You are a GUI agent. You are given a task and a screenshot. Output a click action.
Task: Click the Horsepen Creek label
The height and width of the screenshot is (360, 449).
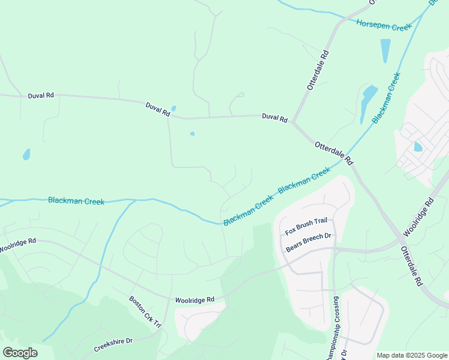(x=384, y=25)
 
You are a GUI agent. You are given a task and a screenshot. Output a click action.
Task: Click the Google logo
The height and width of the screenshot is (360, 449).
(x=20, y=353)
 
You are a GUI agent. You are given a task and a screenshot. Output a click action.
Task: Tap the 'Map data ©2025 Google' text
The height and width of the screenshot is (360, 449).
(x=411, y=355)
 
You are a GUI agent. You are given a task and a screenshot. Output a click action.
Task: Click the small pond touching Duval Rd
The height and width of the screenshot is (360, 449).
(x=173, y=109)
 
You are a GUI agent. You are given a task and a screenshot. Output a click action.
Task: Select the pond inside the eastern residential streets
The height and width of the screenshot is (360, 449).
(x=418, y=146)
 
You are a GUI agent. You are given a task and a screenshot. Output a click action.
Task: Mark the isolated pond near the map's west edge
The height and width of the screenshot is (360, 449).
(x=26, y=154)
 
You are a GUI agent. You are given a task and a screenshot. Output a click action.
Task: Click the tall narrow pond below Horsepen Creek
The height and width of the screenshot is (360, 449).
(x=385, y=50)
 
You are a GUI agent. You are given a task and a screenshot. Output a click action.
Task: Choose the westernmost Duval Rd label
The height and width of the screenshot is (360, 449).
(x=41, y=95)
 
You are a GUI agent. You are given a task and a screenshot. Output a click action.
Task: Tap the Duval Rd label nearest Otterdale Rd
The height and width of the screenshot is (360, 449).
(x=274, y=118)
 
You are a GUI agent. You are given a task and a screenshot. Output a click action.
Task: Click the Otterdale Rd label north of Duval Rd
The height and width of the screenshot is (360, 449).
(x=318, y=70)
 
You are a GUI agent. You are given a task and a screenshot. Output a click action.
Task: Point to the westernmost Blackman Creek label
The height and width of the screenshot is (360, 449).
(x=76, y=201)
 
